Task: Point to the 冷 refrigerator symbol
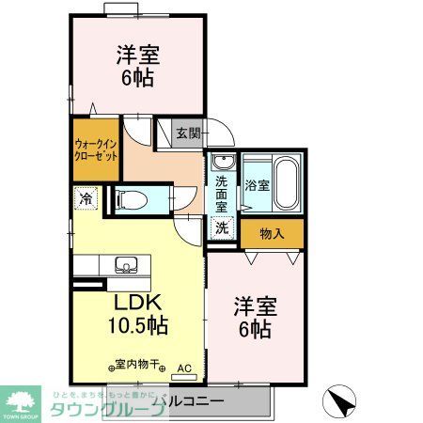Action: click(86, 198)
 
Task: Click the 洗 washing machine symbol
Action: click(221, 227)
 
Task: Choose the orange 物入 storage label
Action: click(273, 232)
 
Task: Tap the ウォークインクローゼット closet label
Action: click(96, 150)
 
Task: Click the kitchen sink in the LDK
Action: click(125, 263)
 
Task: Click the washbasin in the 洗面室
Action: click(222, 161)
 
